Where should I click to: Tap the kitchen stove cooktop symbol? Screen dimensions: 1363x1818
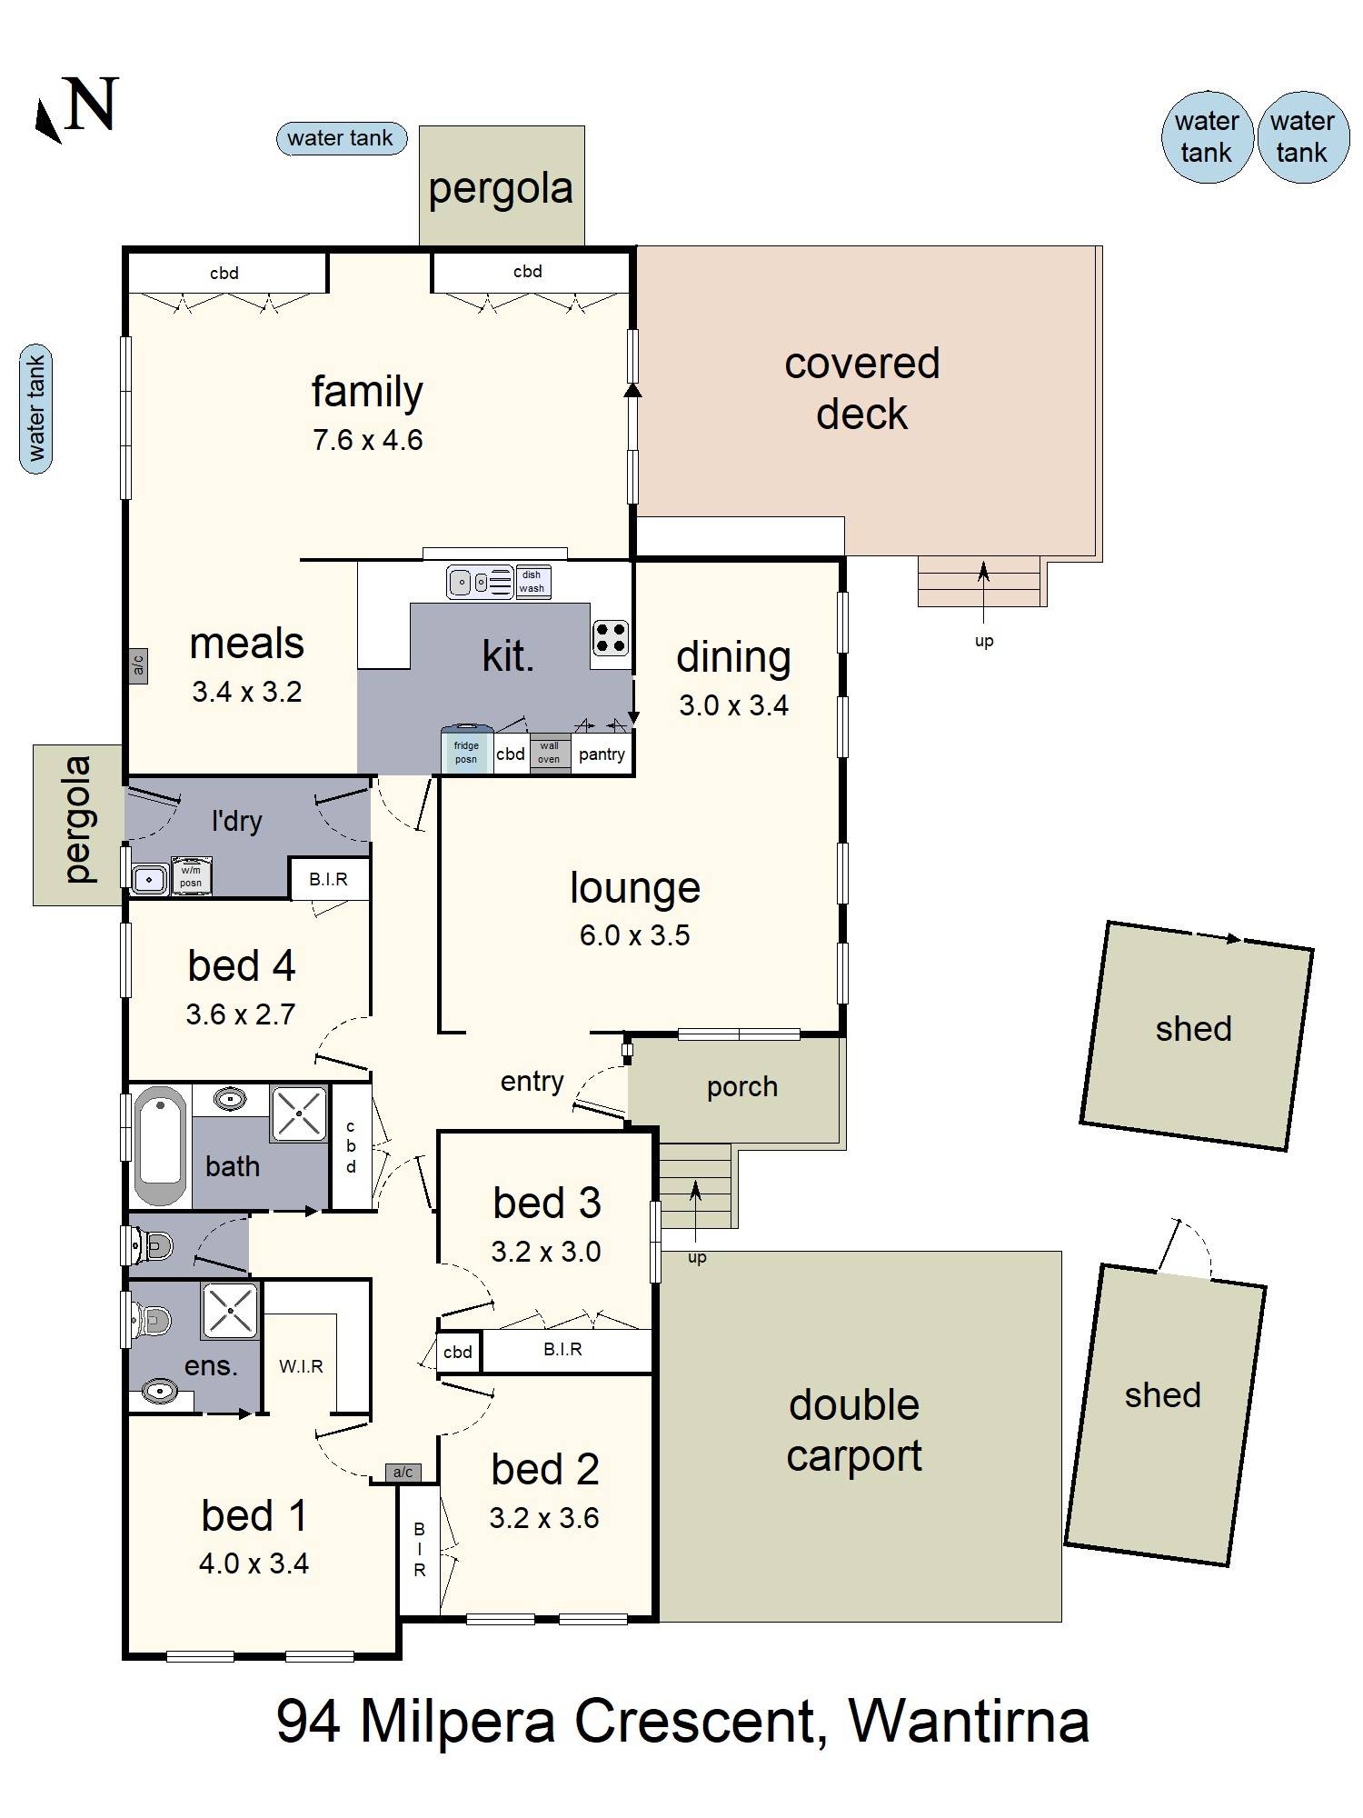click(610, 637)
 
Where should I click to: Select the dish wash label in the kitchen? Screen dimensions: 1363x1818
click(532, 581)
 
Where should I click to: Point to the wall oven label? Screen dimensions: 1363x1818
click(549, 753)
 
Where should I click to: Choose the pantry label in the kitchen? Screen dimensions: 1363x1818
click(602, 754)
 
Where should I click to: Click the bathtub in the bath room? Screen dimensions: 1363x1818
click(161, 1144)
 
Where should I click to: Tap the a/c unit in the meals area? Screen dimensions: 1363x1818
click(138, 665)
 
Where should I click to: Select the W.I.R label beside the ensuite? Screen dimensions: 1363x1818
click(301, 1366)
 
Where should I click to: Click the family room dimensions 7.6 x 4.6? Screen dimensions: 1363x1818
click(367, 440)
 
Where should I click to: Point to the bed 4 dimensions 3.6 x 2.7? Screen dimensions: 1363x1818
click(241, 1014)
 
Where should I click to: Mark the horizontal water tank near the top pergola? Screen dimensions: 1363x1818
click(341, 138)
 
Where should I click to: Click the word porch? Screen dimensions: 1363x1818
click(742, 1087)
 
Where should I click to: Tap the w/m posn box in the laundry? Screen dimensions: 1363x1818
click(191, 874)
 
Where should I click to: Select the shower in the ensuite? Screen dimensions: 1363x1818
click(230, 1311)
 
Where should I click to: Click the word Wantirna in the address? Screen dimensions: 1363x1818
click(969, 1721)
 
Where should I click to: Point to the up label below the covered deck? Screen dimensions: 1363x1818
click(984, 641)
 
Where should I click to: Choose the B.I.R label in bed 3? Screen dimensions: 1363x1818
click(562, 1349)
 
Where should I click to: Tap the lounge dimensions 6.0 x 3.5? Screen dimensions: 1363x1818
click(635, 935)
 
